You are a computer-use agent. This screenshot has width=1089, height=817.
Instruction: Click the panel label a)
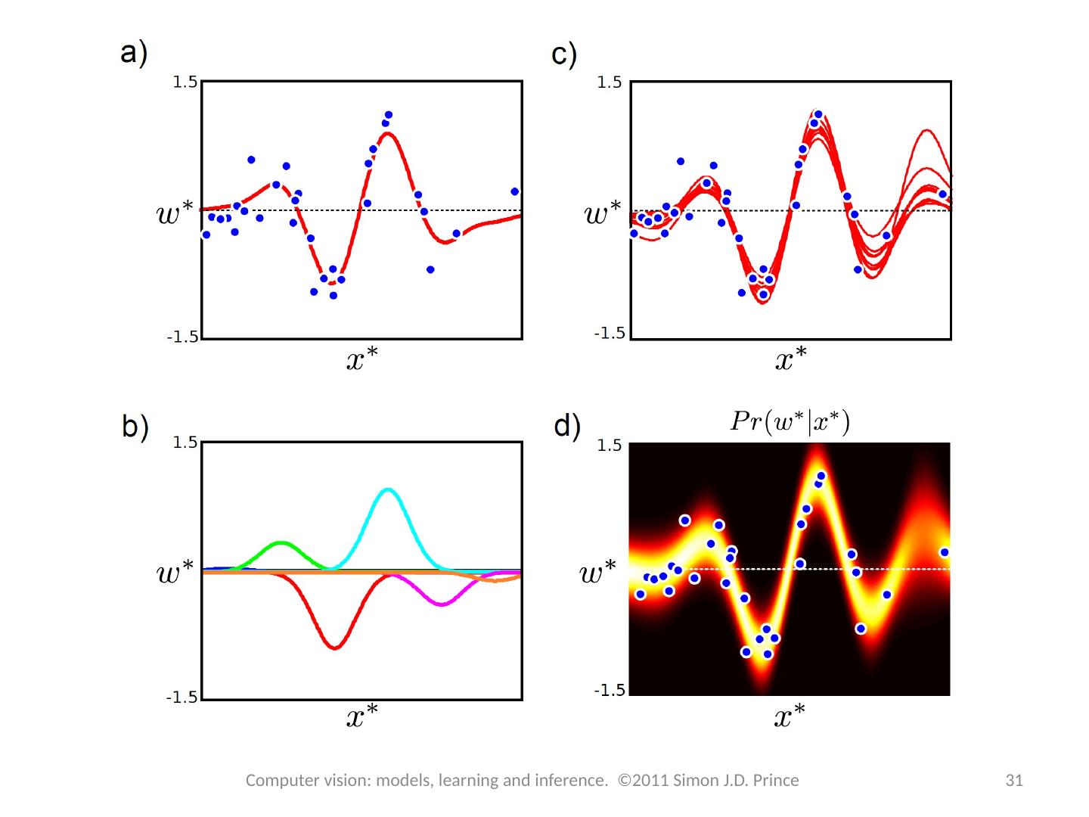tap(135, 54)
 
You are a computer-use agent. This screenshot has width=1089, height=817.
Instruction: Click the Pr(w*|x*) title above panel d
tap(790, 421)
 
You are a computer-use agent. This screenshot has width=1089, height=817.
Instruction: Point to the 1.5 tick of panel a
tap(185, 82)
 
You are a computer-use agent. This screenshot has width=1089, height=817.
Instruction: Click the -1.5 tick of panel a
tap(182, 337)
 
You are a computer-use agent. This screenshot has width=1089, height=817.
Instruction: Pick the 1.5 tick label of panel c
tap(609, 82)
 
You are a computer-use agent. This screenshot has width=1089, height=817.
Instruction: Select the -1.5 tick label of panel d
tap(609, 691)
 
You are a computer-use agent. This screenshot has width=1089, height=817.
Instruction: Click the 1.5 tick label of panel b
tap(185, 443)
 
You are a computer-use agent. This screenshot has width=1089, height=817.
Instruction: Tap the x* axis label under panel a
tap(362, 360)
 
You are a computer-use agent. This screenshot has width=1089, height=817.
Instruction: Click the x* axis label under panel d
tap(790, 716)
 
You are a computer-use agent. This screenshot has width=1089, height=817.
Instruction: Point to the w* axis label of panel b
tap(175, 573)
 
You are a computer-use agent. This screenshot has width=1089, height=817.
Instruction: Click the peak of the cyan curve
tap(388, 489)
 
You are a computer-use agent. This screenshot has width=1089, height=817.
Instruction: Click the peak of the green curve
tap(281, 542)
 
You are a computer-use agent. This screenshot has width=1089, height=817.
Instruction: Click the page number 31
tap(1013, 781)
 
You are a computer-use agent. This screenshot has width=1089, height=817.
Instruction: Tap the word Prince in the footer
tap(776, 781)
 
